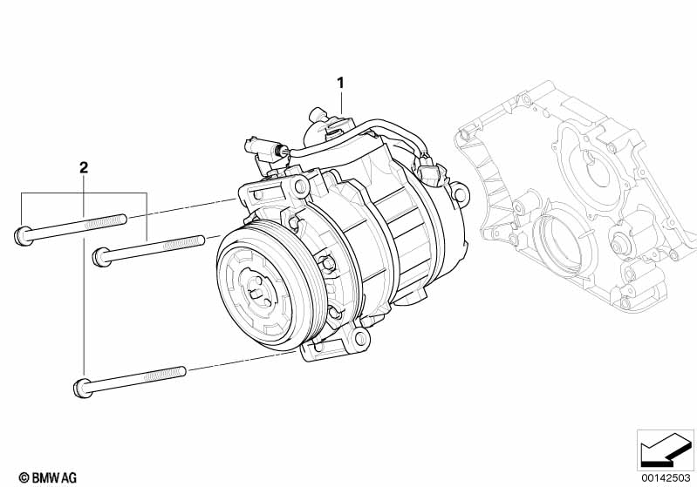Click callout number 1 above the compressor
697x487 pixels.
(340, 83)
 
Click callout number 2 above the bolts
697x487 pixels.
(84, 168)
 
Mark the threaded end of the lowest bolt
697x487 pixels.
(166, 375)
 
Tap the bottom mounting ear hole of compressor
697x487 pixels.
(361, 339)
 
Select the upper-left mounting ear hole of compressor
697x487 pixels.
(301, 186)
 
